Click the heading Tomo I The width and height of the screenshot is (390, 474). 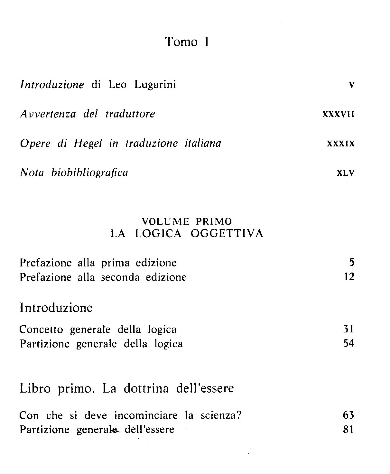pos(187,42)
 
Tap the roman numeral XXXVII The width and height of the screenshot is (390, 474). pos(338,114)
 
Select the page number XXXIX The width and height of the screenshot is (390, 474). pos(340,144)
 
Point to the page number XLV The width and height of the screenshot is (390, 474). pos(345,173)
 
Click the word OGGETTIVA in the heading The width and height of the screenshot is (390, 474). pos(227,233)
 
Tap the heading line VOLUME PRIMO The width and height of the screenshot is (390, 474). pos(187,221)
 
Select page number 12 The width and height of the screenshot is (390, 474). pos(349,277)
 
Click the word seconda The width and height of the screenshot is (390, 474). pos(120,277)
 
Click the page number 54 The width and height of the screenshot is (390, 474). pos(348,343)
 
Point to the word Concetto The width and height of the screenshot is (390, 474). pos(41,330)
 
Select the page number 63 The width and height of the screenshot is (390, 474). pos(348,415)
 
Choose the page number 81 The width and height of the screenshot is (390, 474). pos(348,429)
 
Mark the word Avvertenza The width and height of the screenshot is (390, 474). pos(48,114)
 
